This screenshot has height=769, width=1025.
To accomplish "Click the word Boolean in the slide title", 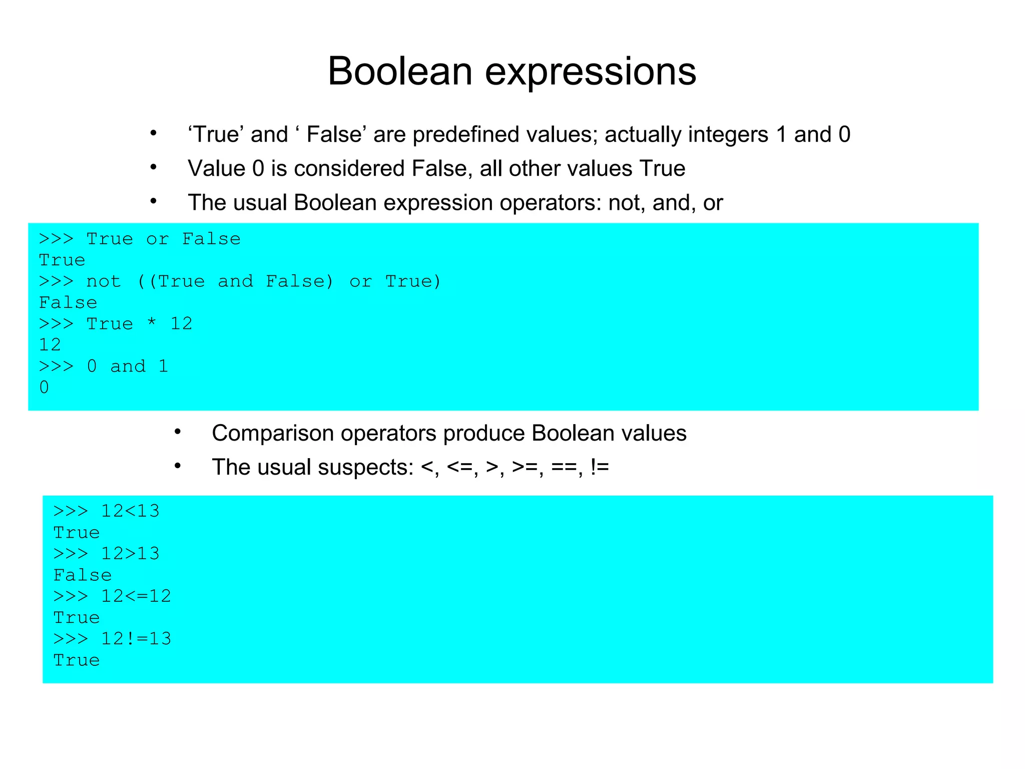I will coord(400,71).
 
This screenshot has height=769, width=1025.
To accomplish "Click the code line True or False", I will coord(163,239).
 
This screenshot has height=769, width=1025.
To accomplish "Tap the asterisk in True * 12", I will coord(152,324).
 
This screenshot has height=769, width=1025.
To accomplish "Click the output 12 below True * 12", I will coord(50,345).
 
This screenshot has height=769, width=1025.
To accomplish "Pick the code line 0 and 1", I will coord(128,366).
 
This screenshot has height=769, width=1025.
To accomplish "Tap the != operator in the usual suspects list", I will coord(600,468).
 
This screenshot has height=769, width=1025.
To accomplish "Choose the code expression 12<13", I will coord(130,511).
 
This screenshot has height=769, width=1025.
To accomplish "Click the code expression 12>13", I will coord(130,554).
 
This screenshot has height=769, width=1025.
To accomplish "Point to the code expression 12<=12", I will coord(136,596).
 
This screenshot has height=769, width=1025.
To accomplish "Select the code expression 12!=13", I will coord(136,639).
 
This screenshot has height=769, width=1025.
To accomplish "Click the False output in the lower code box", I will coord(83,575).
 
